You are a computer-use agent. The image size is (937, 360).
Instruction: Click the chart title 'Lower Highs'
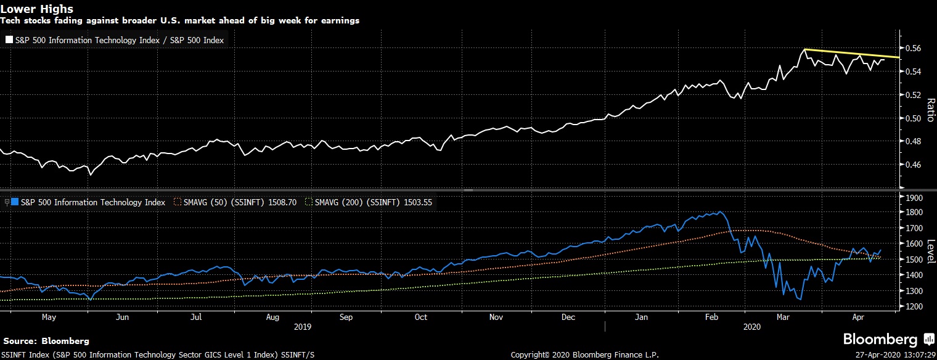click(36, 9)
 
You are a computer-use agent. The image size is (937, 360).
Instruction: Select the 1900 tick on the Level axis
click(914, 198)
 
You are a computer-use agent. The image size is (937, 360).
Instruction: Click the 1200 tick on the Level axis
click(914, 306)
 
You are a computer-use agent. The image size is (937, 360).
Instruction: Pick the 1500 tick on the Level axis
click(914, 260)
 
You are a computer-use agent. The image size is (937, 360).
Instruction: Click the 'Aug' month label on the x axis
click(273, 317)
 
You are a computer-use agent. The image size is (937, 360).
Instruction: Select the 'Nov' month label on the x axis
click(496, 317)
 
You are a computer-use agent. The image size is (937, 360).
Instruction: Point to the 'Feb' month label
click(712, 317)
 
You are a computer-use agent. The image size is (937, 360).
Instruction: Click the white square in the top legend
click(9, 40)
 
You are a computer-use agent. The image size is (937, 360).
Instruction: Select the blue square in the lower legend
click(14, 202)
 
